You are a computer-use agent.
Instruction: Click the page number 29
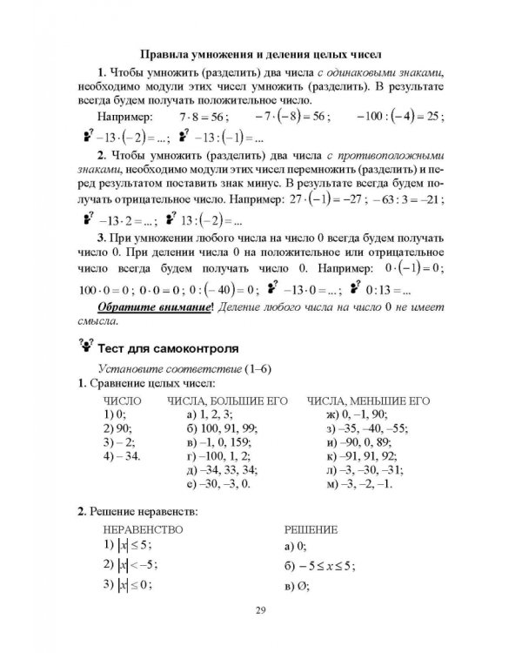pyautogui.click(x=261, y=609)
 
